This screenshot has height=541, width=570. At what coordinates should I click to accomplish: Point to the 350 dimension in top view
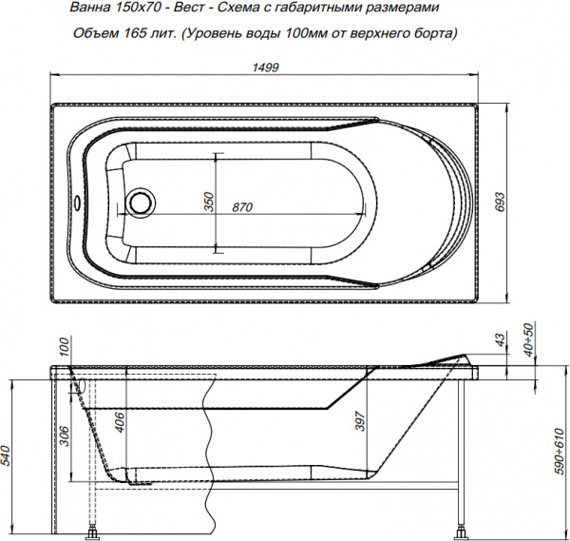click(x=208, y=202)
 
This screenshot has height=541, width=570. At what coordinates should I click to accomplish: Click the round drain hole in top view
click(x=142, y=203)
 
